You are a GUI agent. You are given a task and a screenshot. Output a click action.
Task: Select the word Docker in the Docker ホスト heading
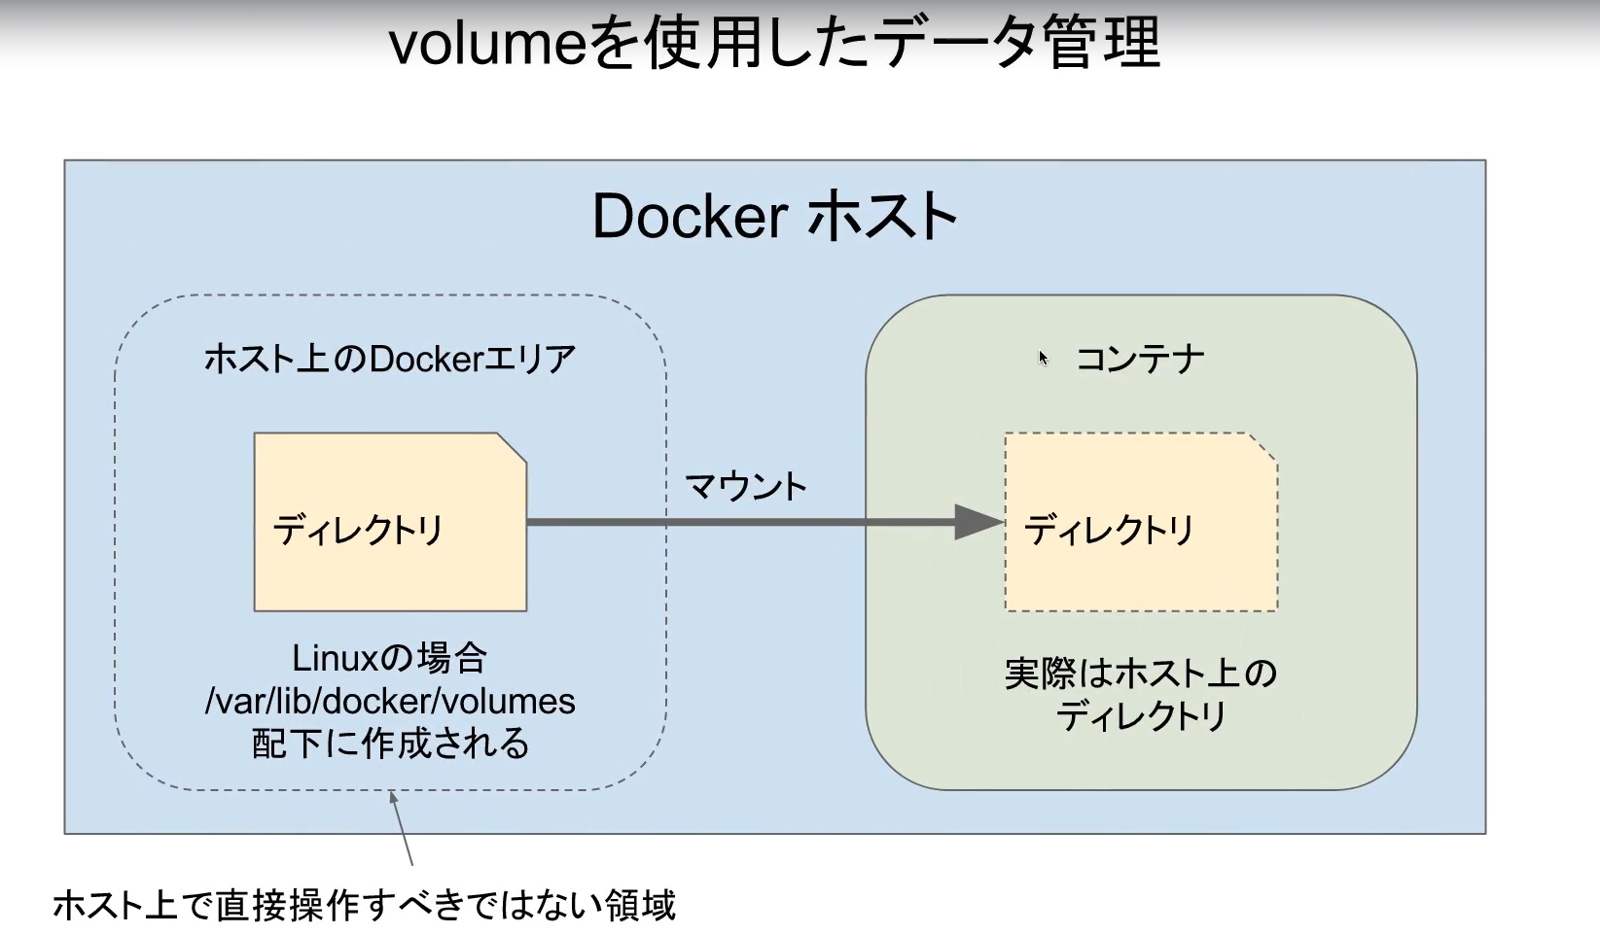pyautogui.click(x=689, y=217)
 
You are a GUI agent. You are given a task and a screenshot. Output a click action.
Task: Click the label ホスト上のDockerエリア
pyautogui.click(x=389, y=360)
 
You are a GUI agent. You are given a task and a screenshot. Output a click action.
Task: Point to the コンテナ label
pyautogui.click(x=1140, y=360)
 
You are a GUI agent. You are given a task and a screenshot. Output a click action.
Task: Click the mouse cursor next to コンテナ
pyautogui.click(x=1043, y=358)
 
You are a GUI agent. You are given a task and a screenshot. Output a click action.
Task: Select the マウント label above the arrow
pyautogui.click(x=746, y=486)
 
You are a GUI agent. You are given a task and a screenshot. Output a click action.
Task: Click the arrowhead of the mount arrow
pyautogui.click(x=978, y=523)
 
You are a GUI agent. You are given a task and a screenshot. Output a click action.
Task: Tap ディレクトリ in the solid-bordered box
pyautogui.click(x=358, y=531)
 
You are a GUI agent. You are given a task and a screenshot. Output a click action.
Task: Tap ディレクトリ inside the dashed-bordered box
pyautogui.click(x=1109, y=531)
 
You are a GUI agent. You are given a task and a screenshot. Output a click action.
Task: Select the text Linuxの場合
pyautogui.click(x=389, y=659)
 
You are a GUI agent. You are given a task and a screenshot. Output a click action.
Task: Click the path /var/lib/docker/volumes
pyautogui.click(x=389, y=702)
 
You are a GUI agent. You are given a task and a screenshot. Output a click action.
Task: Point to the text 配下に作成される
pyautogui.click(x=389, y=744)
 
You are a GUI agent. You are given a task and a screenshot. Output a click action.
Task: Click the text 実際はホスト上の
pyautogui.click(x=1140, y=674)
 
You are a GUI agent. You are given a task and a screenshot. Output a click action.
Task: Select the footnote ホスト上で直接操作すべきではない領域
pyautogui.click(x=363, y=906)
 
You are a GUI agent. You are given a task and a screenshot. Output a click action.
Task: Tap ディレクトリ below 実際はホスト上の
pyautogui.click(x=1140, y=717)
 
